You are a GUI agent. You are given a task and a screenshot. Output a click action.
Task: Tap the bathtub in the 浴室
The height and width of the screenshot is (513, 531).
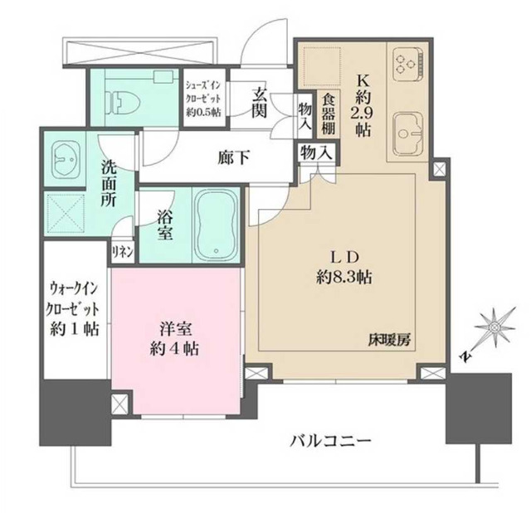[x=217, y=222]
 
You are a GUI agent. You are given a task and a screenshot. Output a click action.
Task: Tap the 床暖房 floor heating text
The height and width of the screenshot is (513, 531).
[x=390, y=339]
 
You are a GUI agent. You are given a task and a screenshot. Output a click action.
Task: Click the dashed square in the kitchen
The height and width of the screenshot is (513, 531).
[x=324, y=64]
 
